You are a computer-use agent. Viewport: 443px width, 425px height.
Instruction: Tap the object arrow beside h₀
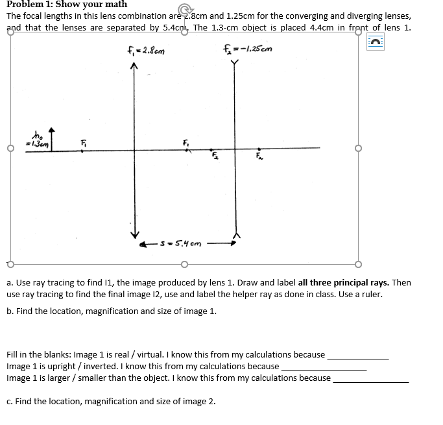(51, 140)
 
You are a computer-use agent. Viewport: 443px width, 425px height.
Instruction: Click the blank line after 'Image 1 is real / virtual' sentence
(358, 356)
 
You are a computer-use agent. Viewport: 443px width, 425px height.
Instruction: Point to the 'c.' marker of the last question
(10, 401)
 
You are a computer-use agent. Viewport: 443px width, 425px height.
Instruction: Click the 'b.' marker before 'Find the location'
(10, 311)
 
